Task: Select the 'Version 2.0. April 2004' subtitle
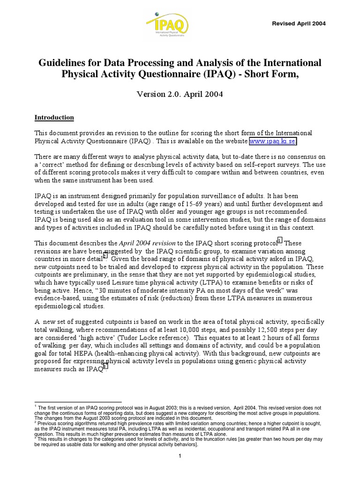[x=180, y=94]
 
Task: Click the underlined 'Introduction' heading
[x=54, y=117]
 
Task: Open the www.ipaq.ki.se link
[x=273, y=141]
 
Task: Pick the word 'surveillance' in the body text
[x=207, y=195]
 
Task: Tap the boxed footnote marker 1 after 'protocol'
[x=280, y=240]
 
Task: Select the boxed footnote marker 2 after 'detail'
[x=105, y=255]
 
